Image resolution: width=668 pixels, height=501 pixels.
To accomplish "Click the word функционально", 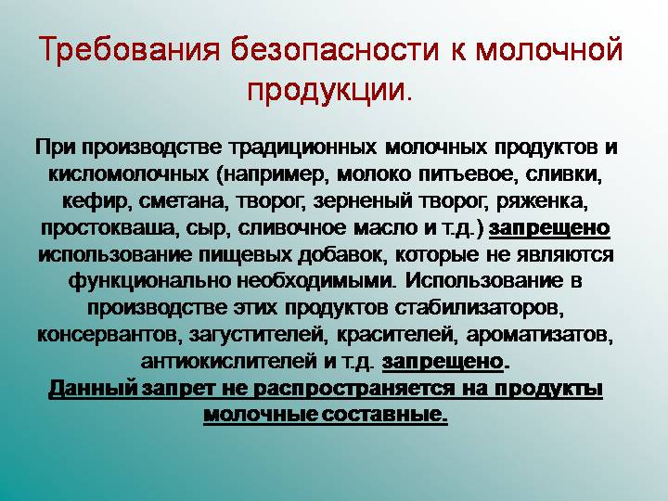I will [x=149, y=279].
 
